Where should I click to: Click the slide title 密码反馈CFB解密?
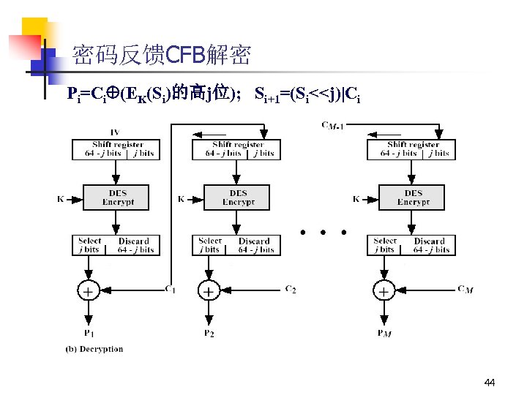pos(161,55)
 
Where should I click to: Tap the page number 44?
pos(490,383)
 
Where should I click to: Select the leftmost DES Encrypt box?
pos(117,197)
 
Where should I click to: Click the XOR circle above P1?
pos(87,291)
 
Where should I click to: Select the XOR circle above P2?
pos(209,291)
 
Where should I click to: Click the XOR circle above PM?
pos(383,291)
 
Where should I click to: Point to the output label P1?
pos(88,333)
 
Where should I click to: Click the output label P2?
pos(209,333)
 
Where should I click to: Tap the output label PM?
pos(384,334)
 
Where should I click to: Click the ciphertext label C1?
pos(170,289)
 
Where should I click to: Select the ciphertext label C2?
pos(291,289)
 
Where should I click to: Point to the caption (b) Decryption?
pos(94,349)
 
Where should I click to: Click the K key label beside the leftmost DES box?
pos(61,198)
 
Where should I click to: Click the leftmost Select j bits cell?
pos(90,245)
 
